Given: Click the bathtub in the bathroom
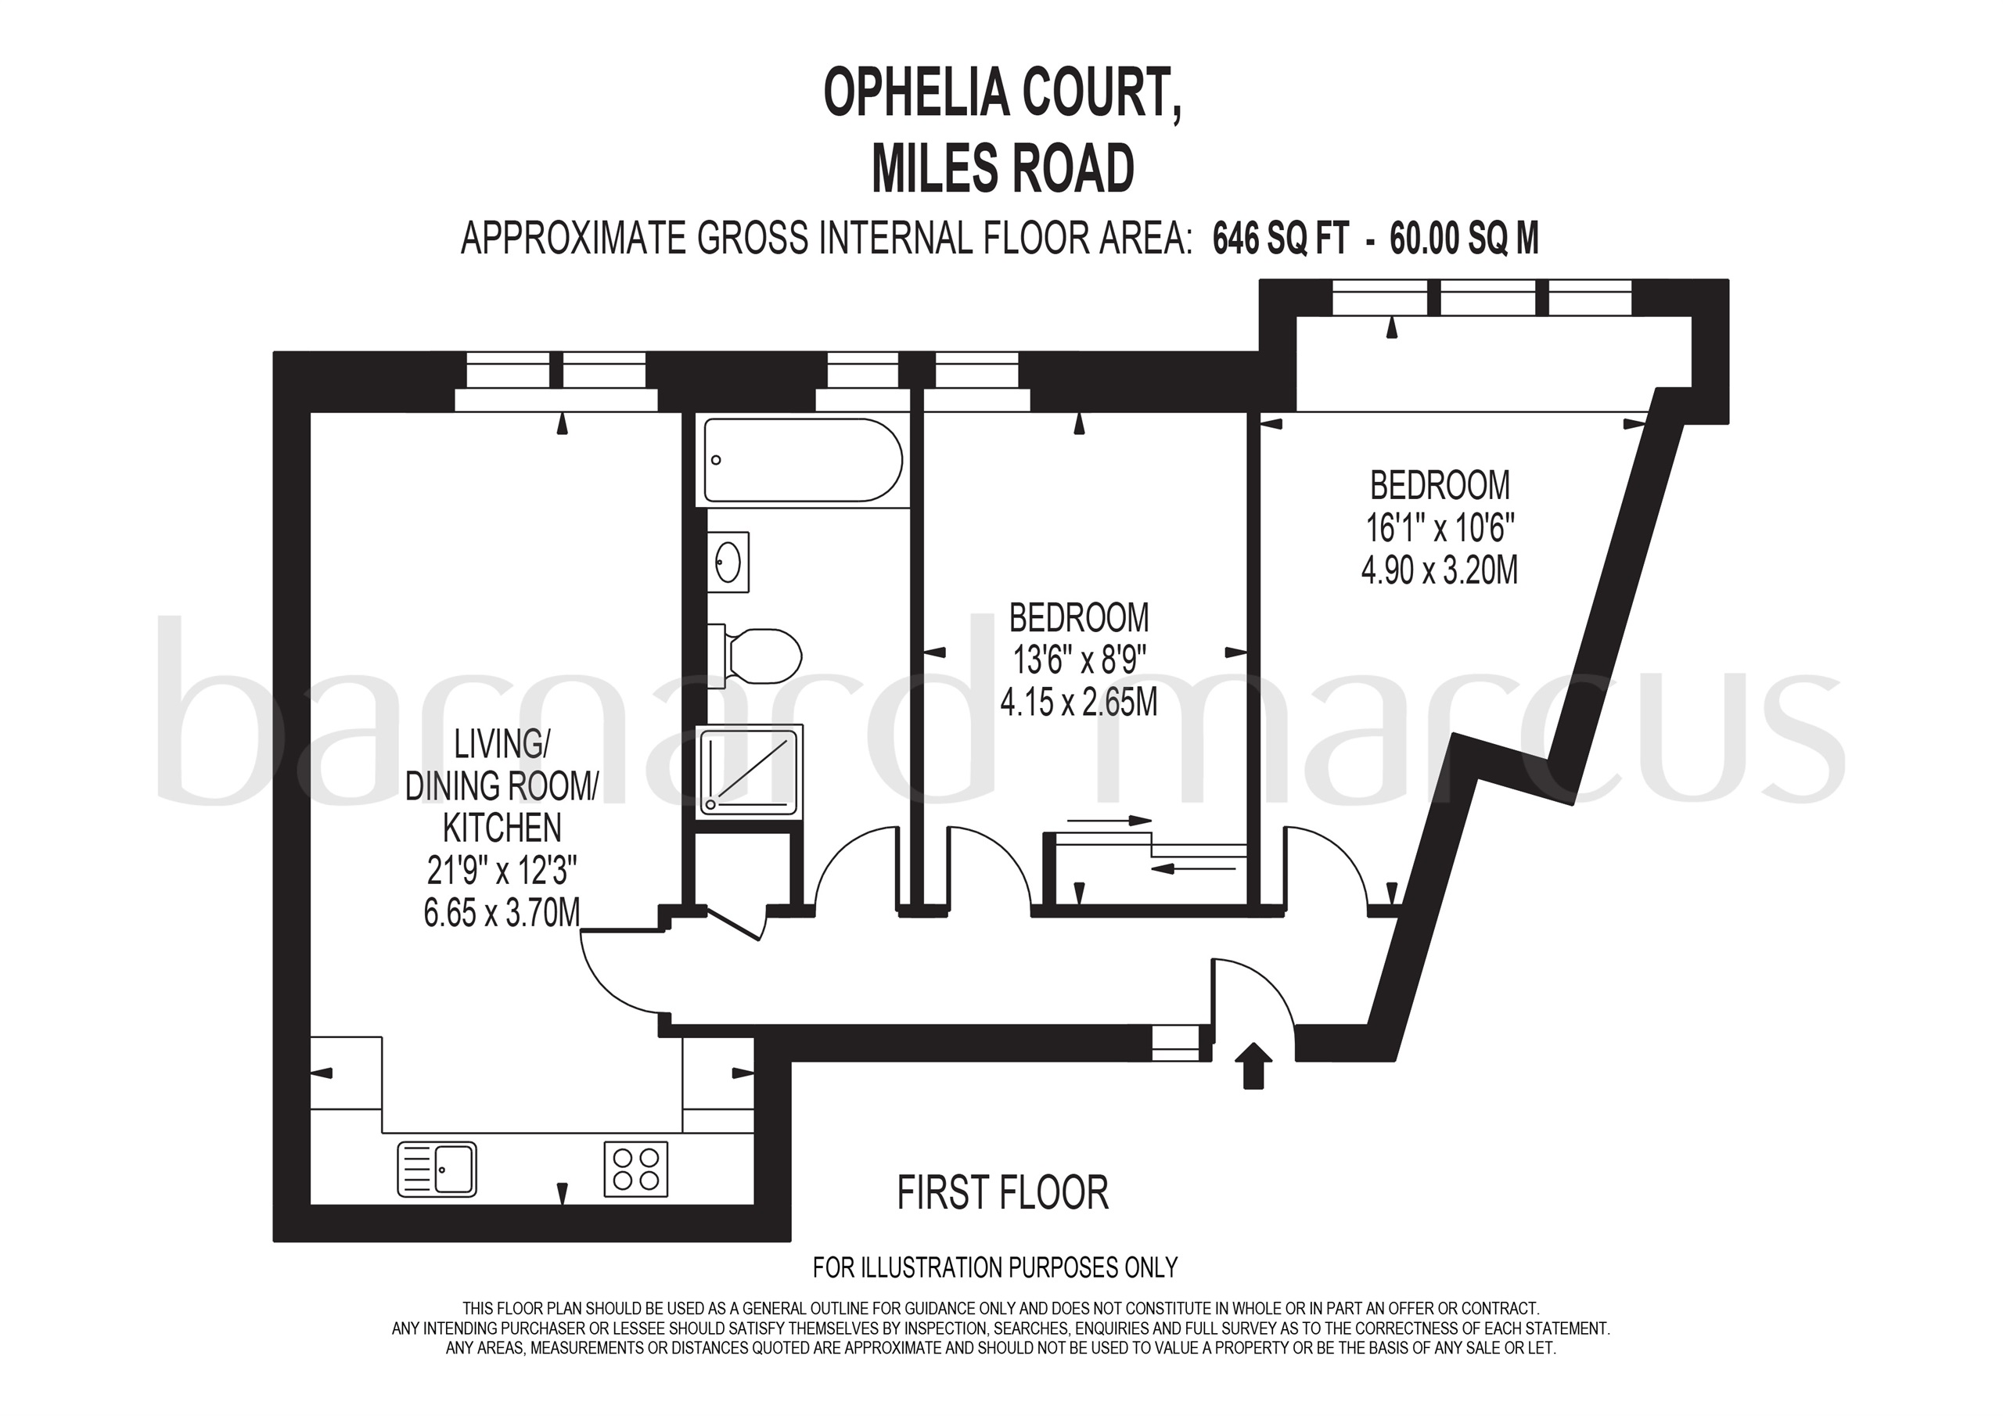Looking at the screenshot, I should [803, 460].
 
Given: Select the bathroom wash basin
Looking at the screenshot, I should [728, 562].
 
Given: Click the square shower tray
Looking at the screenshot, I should [750, 771].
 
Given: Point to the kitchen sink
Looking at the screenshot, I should [437, 1169].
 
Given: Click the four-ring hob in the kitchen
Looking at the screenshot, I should [636, 1168].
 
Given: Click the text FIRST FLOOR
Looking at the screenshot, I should [1002, 1193].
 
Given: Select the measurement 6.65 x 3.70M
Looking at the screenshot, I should [502, 913].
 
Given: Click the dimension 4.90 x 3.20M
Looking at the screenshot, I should [1440, 570].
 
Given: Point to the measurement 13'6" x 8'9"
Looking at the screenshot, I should [1079, 659].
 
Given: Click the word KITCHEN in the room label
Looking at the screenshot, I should [502, 827].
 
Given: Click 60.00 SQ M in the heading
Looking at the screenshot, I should [1464, 237].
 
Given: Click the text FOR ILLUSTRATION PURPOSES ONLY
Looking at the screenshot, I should [995, 1267].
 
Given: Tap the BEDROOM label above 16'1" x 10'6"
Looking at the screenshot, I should [1440, 485].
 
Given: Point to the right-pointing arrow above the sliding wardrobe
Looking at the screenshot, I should [1109, 820].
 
